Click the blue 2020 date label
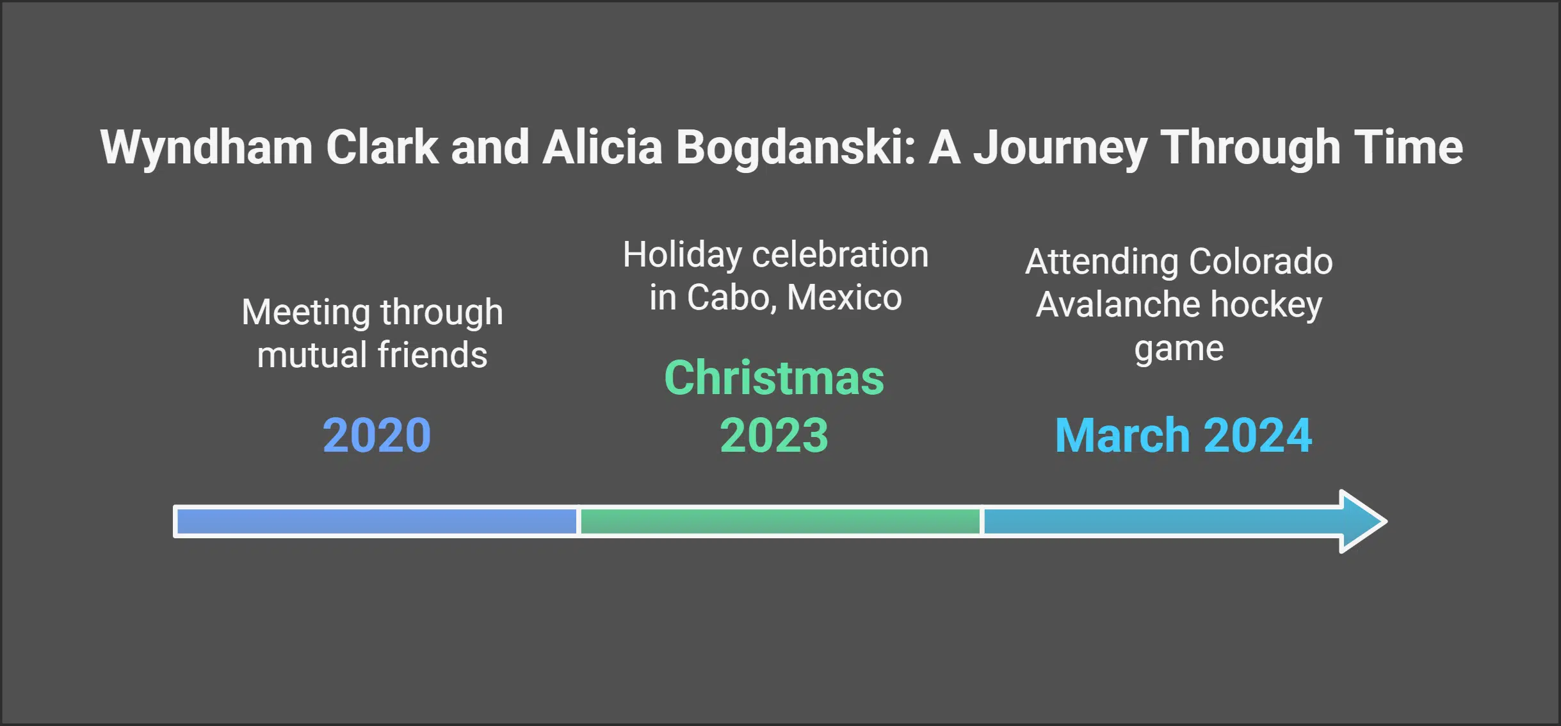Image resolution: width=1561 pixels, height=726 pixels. pyautogui.click(x=376, y=436)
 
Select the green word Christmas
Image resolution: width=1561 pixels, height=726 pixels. pyautogui.click(x=774, y=378)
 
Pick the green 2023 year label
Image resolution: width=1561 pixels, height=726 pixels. pyautogui.click(x=774, y=436)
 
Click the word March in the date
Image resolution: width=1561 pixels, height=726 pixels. pyautogui.click(x=1122, y=436)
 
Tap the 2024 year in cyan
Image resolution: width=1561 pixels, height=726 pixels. pyautogui.click(x=1258, y=436)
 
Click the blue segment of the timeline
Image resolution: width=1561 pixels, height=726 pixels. pyautogui.click(x=376, y=521)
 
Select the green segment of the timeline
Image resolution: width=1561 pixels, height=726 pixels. pyautogui.click(x=780, y=521)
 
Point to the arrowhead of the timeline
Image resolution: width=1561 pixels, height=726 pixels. pyautogui.click(x=1361, y=521)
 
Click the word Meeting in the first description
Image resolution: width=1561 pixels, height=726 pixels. pyautogui.click(x=305, y=313)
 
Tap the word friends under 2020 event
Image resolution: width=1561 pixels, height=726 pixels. pyautogui.click(x=432, y=355)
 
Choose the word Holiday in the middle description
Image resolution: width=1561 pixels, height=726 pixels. pyautogui.click(x=683, y=255)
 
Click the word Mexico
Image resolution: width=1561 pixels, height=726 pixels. pyautogui.click(x=844, y=297)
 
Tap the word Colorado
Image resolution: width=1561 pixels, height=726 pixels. pyautogui.click(x=1260, y=261)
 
